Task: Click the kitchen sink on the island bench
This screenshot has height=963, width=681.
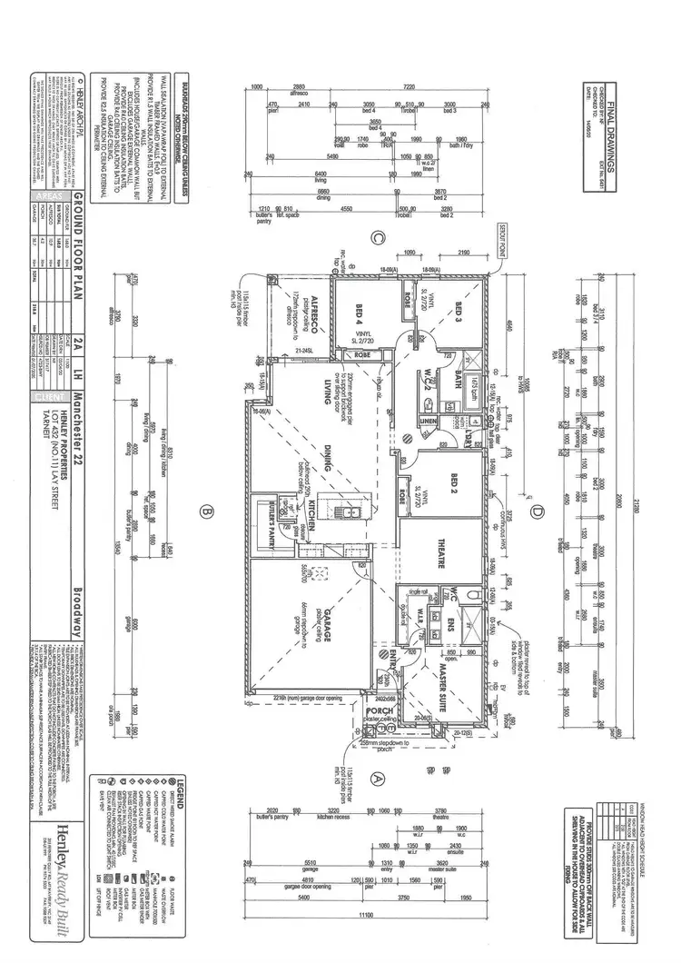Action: click(x=350, y=514)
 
